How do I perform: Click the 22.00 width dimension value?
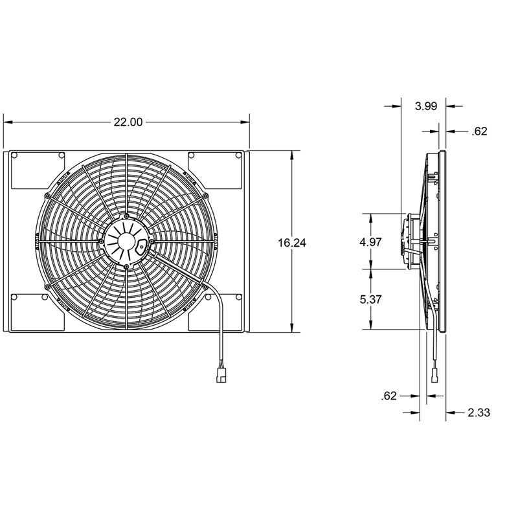click(128, 121)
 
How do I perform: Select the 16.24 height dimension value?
click(291, 243)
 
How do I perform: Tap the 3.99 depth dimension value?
click(425, 106)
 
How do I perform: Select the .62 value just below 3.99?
click(479, 131)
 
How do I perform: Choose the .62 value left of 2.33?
click(389, 396)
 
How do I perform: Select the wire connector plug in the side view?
click(435, 375)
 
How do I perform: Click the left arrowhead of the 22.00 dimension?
click(8, 121)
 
